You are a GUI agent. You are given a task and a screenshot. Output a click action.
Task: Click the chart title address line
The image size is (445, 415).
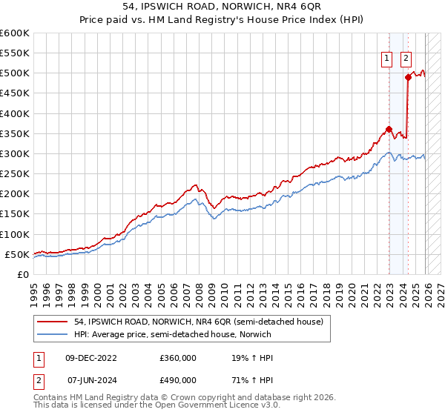tap(222, 6)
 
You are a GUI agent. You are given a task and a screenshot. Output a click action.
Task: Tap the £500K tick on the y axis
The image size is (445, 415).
tap(14, 73)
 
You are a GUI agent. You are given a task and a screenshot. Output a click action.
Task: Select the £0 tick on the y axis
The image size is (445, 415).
tap(23, 274)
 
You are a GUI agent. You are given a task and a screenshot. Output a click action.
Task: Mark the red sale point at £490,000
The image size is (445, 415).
tap(408, 77)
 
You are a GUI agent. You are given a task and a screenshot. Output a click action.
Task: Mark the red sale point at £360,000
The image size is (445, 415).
tap(389, 129)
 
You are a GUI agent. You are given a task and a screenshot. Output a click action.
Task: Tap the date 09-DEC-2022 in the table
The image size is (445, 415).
tap(91, 358)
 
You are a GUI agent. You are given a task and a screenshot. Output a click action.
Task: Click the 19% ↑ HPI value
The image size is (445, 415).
tap(253, 358)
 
